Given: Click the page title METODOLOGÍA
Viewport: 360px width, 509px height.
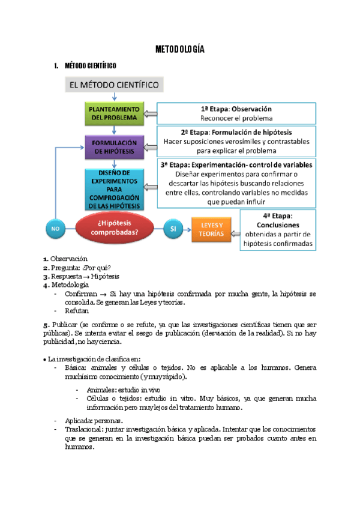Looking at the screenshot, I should point(180,49).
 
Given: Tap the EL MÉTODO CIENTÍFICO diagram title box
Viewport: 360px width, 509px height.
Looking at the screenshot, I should point(114,85).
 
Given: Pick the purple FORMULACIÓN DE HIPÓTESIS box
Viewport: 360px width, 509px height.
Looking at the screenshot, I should point(114,147).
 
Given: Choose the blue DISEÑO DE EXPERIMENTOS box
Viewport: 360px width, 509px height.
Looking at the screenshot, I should point(114,189).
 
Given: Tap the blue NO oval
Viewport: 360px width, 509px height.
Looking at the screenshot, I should point(55,229).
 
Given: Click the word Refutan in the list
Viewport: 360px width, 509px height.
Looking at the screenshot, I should point(77,311).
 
